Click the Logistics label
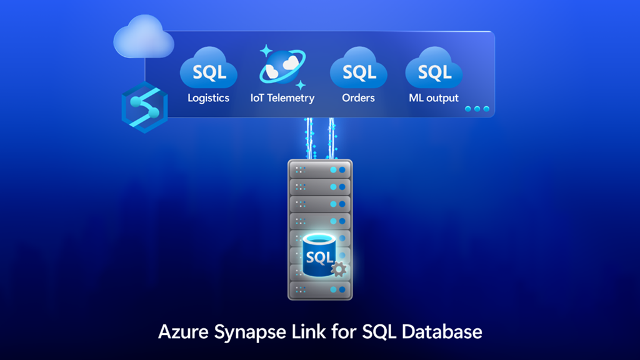pos(208,98)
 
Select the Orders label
pos(358,98)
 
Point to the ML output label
pos(434,98)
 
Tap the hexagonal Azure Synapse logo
pos(142,107)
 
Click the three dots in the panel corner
pos(477,109)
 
